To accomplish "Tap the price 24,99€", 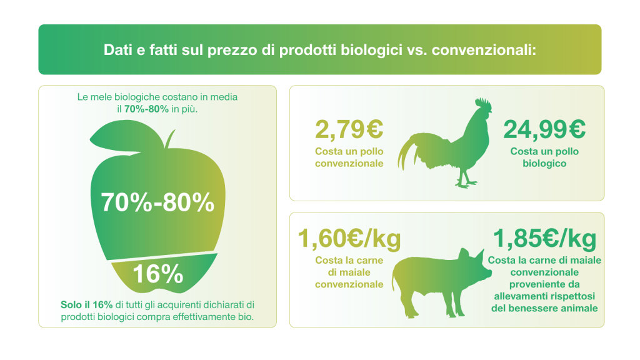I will pyautogui.click(x=544, y=130).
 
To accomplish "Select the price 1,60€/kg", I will pyautogui.click(x=349, y=238).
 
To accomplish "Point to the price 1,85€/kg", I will pyautogui.click(x=544, y=238).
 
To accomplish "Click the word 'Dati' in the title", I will pyautogui.click(x=117, y=50).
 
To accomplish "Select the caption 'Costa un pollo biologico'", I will pyautogui.click(x=544, y=157).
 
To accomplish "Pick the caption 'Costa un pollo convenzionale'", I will pyautogui.click(x=349, y=157).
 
